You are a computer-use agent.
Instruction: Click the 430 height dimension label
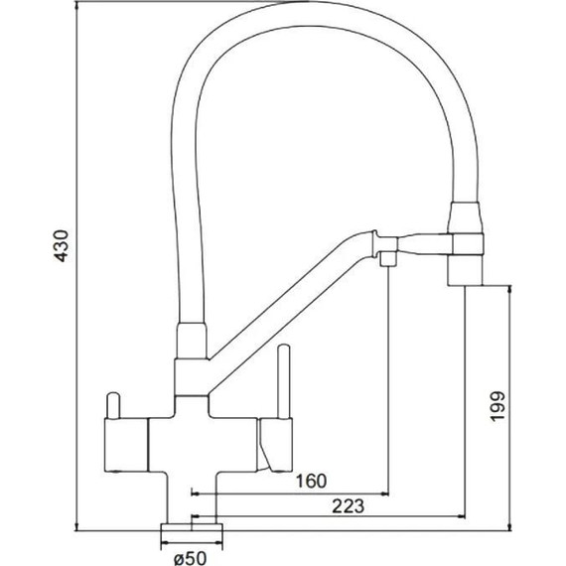[61, 245]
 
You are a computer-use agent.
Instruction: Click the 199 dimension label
[497, 406]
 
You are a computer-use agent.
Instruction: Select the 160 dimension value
[311, 482]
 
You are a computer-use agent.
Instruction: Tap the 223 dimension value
[348, 506]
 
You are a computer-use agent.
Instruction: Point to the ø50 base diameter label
[191, 558]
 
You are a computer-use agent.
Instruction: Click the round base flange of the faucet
[192, 527]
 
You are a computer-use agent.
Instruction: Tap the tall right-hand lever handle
[284, 382]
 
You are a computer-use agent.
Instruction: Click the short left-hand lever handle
[113, 405]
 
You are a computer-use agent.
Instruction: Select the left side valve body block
[126, 445]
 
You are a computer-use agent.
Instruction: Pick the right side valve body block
[275, 445]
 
